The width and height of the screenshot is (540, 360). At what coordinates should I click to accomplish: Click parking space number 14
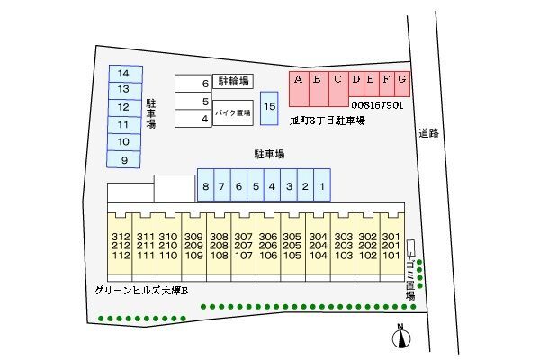tap(124, 73)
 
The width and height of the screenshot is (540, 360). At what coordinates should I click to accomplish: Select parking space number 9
tap(124, 159)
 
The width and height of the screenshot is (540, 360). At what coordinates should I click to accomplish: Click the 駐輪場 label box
tap(232, 82)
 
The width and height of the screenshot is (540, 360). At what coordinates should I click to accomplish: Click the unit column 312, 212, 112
tap(121, 244)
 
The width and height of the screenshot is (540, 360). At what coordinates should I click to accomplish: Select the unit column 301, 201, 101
tap(391, 244)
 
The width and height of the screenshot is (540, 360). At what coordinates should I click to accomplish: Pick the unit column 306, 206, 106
tap(268, 244)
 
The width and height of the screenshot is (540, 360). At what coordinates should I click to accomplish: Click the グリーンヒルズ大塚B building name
tap(140, 290)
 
